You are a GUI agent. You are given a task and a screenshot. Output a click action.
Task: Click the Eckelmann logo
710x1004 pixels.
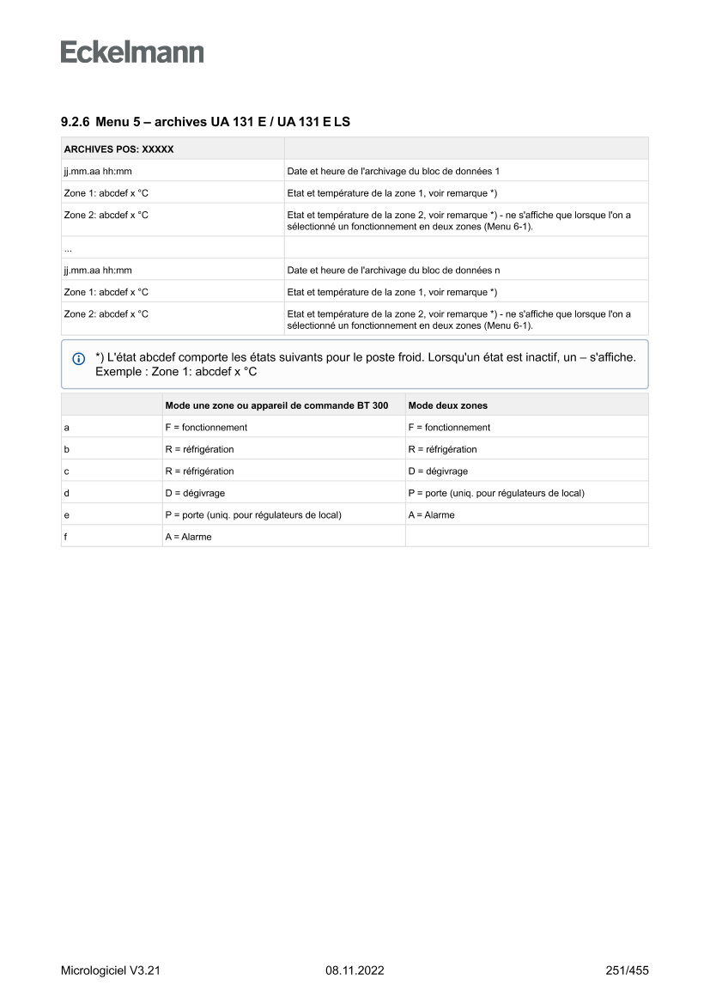(x=132, y=52)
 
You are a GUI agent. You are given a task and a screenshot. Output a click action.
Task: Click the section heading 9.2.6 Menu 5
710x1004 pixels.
(x=205, y=122)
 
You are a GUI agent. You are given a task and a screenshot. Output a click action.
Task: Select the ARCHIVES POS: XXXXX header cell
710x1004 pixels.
(x=119, y=149)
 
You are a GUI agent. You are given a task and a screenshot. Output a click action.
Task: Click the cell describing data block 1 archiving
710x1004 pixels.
(x=393, y=171)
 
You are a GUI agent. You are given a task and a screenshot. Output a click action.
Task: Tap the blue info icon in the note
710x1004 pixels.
(x=79, y=358)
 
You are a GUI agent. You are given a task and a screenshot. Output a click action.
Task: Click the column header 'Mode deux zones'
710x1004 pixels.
(x=448, y=405)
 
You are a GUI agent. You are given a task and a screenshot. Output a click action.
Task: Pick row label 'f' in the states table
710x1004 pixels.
(x=66, y=537)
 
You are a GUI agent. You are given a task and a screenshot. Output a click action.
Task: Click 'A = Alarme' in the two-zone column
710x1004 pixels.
(x=432, y=514)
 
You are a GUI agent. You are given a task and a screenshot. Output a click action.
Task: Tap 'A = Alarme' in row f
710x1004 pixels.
(x=188, y=537)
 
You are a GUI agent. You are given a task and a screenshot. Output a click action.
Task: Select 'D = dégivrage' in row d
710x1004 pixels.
(x=195, y=493)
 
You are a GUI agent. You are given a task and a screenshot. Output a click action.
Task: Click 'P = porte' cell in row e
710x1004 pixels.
(x=253, y=514)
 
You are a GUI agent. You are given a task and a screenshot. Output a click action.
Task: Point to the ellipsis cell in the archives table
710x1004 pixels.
(x=68, y=248)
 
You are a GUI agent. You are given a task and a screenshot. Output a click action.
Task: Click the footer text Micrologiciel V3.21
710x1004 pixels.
(x=111, y=971)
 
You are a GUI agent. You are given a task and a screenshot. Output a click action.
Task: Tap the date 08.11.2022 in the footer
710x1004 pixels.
(x=355, y=971)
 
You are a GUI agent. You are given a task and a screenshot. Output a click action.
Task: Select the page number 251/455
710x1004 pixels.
(x=627, y=971)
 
